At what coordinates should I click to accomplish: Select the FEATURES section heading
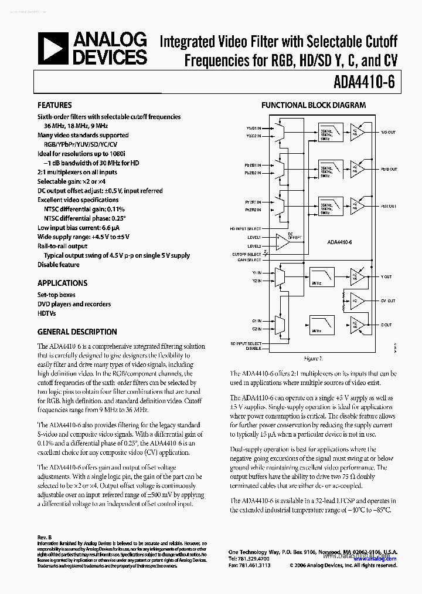55,105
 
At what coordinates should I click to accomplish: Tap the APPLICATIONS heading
62,282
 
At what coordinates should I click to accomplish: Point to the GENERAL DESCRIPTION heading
77,332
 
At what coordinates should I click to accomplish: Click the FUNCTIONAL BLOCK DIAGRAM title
314,105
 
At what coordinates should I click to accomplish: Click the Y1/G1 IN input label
253,127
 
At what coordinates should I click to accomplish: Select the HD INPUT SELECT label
246,228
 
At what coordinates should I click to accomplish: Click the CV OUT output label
387,301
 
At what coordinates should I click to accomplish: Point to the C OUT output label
386,325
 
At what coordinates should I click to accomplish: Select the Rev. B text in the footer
45,537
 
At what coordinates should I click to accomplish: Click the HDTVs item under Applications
47,313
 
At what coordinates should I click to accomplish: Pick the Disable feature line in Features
58,265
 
